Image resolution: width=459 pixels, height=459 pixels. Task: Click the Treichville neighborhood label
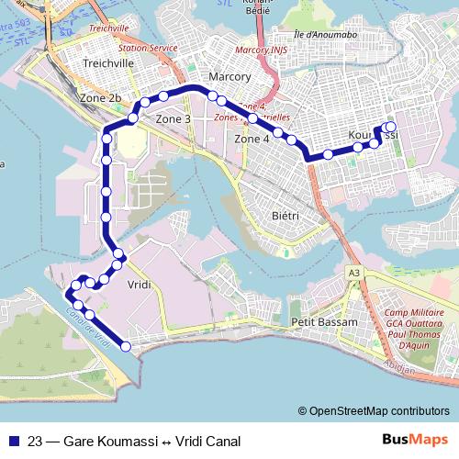pyautogui.click(x=109, y=62)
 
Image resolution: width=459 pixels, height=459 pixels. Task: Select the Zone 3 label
pyautogui.click(x=174, y=118)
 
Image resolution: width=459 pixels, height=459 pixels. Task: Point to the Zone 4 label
pyautogui.click(x=252, y=139)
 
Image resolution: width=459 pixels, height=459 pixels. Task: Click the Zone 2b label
pyautogui.click(x=101, y=97)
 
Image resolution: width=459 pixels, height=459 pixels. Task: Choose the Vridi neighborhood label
pyautogui.click(x=139, y=285)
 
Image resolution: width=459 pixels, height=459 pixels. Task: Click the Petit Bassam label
pyautogui.click(x=317, y=322)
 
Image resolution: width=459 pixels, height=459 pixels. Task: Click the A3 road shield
pyautogui.click(x=354, y=273)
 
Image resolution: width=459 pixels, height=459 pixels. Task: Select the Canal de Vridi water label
pyautogui.click(x=88, y=326)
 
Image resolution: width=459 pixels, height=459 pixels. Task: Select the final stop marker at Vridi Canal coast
pyautogui.click(x=126, y=346)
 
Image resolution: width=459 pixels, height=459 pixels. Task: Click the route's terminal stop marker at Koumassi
pyautogui.click(x=390, y=128)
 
